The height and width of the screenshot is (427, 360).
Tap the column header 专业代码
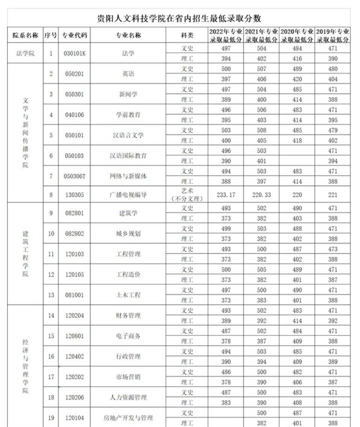74,35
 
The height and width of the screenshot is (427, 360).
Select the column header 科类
187,35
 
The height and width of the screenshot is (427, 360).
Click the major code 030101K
74,53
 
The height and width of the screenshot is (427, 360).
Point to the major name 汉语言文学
128,135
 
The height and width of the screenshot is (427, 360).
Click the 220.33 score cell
261,195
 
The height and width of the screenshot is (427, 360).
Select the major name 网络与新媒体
128,176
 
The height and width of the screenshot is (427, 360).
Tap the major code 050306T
74,176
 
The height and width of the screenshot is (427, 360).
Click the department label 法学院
25,53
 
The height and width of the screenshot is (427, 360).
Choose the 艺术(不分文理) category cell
187,195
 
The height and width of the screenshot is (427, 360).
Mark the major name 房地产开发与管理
128,418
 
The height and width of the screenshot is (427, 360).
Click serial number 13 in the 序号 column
51,295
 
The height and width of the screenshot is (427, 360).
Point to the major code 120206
74,398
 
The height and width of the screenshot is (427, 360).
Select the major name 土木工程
128,295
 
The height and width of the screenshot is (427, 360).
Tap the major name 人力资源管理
128,398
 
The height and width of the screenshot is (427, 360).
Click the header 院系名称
25,35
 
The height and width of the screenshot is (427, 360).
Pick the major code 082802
74,234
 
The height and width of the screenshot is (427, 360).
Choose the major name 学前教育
128,115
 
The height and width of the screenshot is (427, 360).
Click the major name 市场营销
128,377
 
